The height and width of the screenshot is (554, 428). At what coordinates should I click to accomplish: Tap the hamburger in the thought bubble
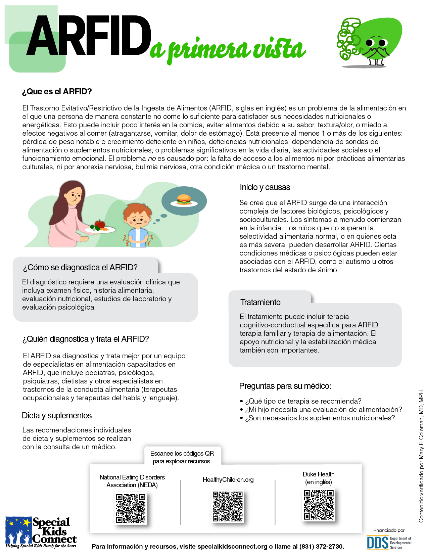184,199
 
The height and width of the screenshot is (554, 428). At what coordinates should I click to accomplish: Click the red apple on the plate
100,224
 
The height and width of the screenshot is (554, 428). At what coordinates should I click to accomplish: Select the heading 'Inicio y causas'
265,187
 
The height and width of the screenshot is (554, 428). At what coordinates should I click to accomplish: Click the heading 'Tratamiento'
260,302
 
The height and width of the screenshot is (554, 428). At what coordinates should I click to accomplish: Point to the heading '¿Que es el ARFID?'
57,92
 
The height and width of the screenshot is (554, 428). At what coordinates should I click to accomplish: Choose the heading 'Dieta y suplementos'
57,416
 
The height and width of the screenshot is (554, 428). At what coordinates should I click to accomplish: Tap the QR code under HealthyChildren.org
228,506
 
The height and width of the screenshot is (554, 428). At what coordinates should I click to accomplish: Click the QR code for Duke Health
319,505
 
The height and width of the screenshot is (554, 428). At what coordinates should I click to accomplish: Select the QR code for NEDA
131,508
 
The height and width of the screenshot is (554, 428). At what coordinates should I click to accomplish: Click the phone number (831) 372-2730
321,547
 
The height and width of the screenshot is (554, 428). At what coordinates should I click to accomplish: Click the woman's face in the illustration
74,197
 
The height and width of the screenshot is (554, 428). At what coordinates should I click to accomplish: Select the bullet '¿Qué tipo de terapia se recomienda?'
303,401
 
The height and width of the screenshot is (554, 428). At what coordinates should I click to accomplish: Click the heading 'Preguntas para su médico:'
285,386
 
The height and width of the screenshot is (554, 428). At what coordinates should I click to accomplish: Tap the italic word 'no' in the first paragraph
151,158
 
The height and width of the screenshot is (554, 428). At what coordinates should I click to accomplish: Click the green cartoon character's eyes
376,43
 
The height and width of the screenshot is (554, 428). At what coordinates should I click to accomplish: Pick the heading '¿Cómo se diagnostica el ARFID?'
80,268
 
